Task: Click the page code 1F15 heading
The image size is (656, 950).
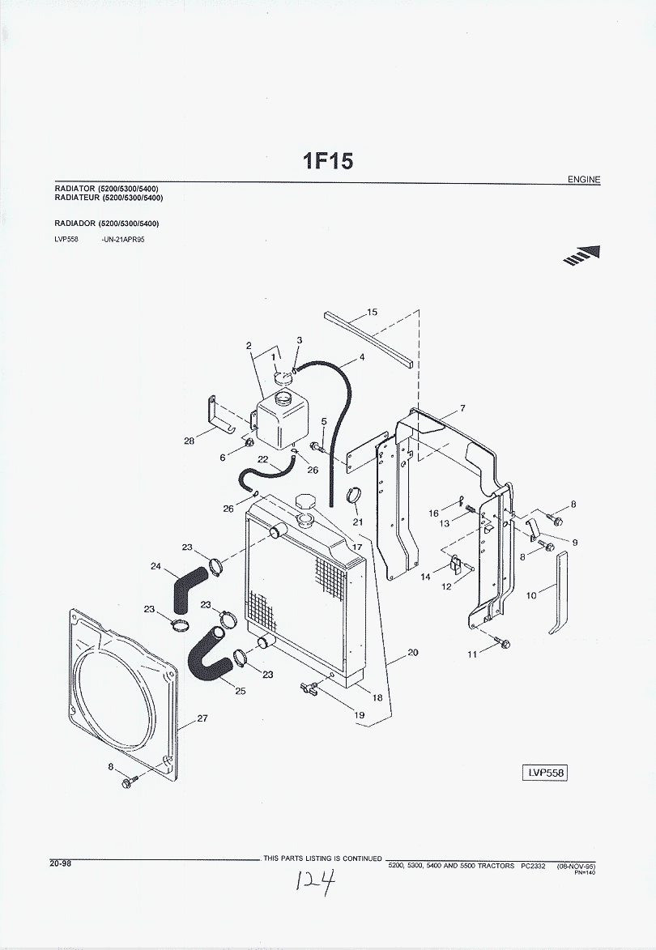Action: pos(328,161)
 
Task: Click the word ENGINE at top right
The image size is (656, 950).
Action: pos(584,180)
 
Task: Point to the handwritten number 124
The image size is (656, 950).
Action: pos(317,882)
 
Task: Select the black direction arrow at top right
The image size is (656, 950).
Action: pos(586,256)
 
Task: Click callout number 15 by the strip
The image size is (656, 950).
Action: pos(372,313)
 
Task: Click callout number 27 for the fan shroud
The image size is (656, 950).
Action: pos(202,717)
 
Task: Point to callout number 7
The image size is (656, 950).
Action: pos(462,408)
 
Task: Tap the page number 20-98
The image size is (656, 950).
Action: pos(60,863)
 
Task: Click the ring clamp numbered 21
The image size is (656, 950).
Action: pos(354,496)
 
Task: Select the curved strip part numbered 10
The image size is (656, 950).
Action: pos(560,591)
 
